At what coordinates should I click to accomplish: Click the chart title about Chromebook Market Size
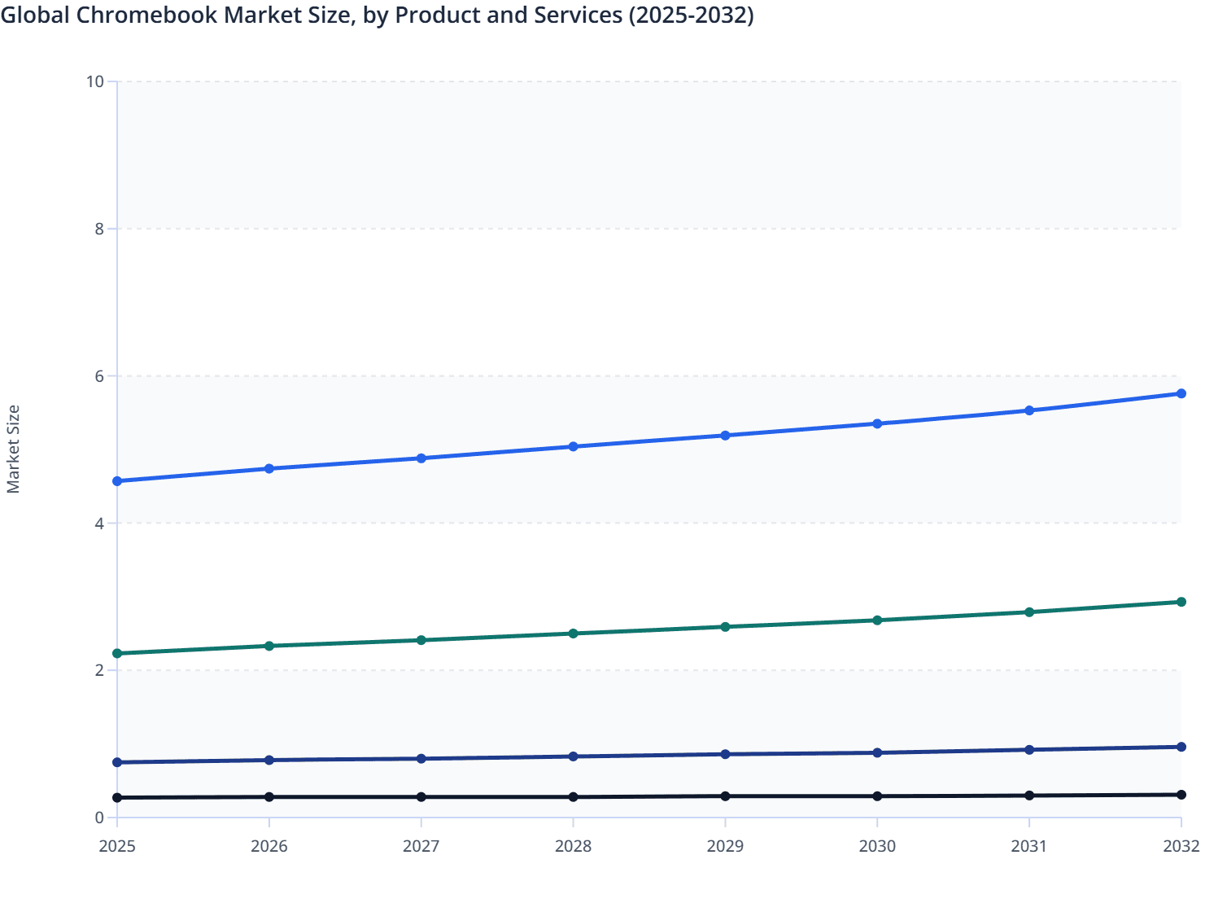[x=378, y=15]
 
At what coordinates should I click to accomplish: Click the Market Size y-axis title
[x=13, y=449]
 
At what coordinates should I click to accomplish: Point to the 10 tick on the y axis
[x=95, y=81]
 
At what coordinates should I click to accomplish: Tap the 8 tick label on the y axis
[x=99, y=229]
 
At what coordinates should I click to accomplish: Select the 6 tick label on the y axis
[x=99, y=376]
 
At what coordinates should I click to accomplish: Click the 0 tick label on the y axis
[x=99, y=818]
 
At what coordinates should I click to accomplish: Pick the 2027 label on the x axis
[x=421, y=846]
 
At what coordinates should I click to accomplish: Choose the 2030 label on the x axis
[x=877, y=846]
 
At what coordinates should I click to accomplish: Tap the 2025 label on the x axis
[x=117, y=846]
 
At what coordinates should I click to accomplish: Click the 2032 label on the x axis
[x=1181, y=846]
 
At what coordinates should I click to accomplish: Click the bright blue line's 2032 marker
[x=1181, y=393]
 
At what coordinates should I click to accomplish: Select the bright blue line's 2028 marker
[x=573, y=446]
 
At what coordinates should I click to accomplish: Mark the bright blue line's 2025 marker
[x=117, y=481]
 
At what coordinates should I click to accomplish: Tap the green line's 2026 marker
[x=269, y=646]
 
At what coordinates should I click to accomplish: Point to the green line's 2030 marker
[x=877, y=620]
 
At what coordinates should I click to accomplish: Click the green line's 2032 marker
[x=1181, y=602]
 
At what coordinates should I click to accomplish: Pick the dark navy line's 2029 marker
[x=725, y=754]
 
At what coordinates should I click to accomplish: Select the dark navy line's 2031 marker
[x=1029, y=749]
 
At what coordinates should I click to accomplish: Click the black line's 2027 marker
[x=421, y=796]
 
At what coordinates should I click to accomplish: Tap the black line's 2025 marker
[x=117, y=797]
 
